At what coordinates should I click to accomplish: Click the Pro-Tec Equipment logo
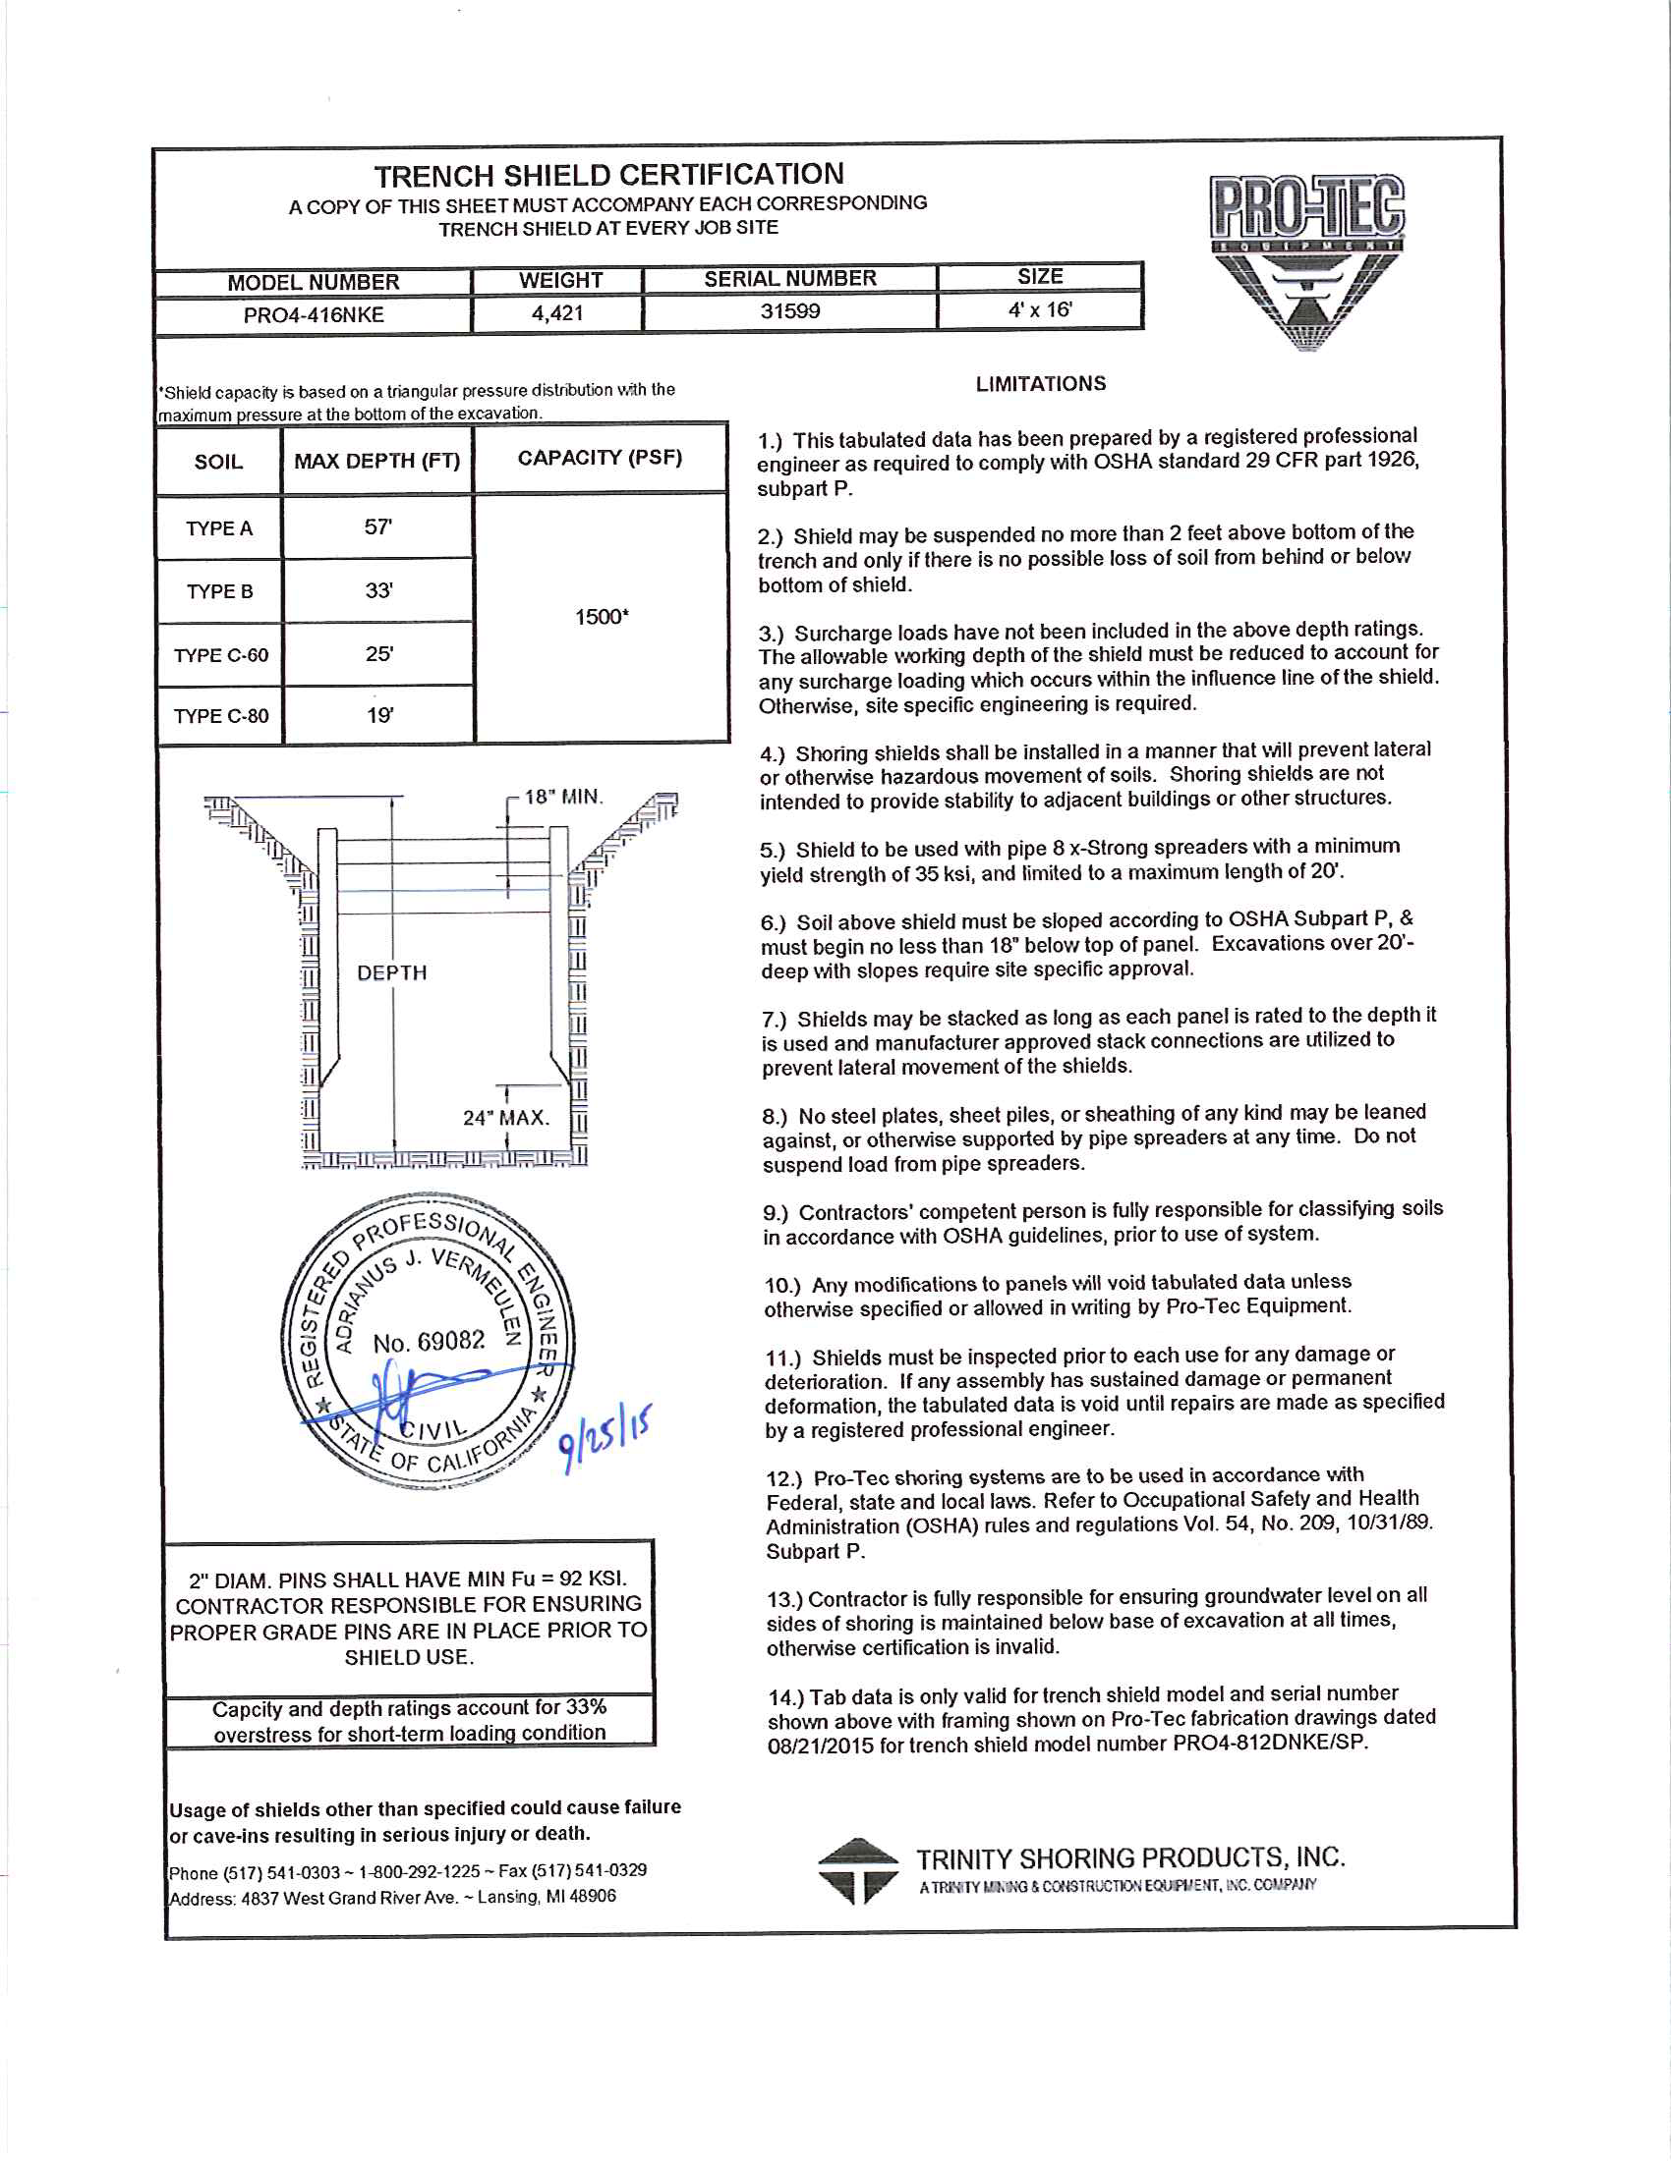(1306, 259)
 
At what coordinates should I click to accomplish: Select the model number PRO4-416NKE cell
(314, 315)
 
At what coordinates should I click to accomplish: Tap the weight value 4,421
(557, 313)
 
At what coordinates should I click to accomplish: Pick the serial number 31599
(790, 311)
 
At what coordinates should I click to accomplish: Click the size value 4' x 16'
(1039, 309)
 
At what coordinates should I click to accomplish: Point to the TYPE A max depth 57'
(378, 527)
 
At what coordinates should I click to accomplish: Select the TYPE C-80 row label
(221, 716)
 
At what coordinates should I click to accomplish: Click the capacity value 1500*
(602, 618)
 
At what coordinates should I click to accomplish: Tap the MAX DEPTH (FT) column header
(377, 461)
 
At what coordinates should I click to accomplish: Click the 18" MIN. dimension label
(563, 798)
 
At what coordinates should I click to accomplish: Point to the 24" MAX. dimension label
(506, 1118)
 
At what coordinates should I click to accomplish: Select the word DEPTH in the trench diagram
(392, 973)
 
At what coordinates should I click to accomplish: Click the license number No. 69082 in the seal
(429, 1343)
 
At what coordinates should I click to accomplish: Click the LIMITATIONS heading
(1040, 384)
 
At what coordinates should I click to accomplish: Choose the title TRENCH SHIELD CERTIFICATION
(608, 175)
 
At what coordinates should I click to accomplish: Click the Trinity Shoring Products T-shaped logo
(857, 1871)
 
